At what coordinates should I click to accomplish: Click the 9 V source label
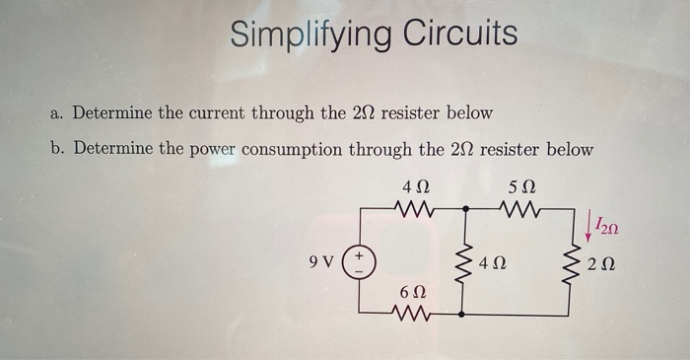coord(319,263)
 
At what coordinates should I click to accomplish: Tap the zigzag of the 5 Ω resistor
coord(519,208)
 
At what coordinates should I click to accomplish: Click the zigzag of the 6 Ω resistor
coord(414,315)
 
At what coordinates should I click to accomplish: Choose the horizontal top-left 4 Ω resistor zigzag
coord(413,208)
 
